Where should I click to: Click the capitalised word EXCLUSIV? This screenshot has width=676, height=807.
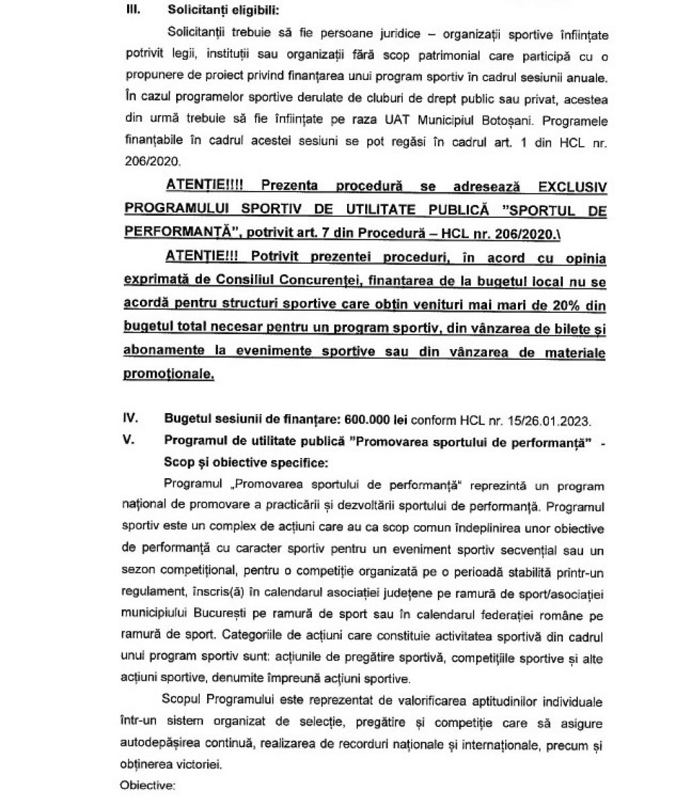tap(567, 186)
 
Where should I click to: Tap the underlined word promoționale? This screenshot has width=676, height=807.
tap(169, 375)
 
